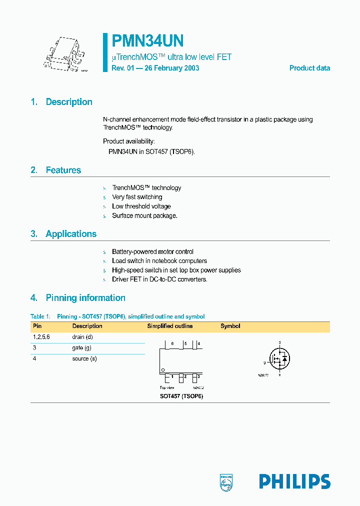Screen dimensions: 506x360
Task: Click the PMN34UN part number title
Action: click(147, 40)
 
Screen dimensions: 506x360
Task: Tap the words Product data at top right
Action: click(309, 68)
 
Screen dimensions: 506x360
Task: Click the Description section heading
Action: click(69, 102)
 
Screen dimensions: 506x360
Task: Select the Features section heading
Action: click(63, 170)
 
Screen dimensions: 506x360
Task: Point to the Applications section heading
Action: click(71, 234)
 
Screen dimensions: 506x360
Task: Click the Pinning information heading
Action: click(85, 298)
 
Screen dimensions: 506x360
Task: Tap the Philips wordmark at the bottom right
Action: click(294, 481)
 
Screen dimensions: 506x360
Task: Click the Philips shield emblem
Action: click(226, 481)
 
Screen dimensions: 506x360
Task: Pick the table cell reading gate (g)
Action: click(81, 348)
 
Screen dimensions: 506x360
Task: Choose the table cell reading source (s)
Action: click(84, 359)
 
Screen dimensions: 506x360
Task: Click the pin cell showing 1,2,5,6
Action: click(41, 337)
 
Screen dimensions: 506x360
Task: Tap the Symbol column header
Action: click(230, 326)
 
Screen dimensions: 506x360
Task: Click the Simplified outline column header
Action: click(169, 326)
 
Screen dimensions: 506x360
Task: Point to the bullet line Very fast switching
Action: click(137, 197)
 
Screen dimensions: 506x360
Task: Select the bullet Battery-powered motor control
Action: click(152, 251)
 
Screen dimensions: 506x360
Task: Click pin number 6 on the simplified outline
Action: click(172, 344)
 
